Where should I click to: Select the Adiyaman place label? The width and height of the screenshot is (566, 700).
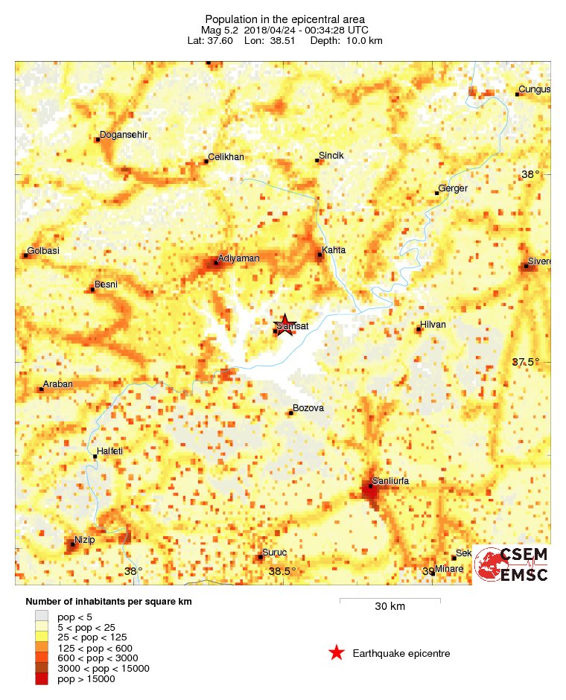[238, 258]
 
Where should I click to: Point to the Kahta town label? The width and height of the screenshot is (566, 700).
[334, 250]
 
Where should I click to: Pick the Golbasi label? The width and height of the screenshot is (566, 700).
[43, 251]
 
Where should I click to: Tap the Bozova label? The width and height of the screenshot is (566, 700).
[309, 408]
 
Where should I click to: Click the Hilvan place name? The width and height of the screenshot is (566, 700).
[433, 325]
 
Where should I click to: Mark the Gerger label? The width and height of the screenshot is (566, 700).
[453, 188]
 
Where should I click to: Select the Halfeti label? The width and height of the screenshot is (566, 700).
[109, 451]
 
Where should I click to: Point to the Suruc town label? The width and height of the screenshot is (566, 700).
[273, 553]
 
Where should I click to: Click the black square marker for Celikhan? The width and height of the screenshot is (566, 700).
[206, 162]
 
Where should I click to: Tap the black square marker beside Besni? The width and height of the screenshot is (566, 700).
[92, 290]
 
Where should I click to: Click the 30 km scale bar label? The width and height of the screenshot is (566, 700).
[389, 607]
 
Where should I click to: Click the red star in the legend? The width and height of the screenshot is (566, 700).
[337, 653]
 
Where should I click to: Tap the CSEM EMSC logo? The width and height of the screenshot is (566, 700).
[512, 565]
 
